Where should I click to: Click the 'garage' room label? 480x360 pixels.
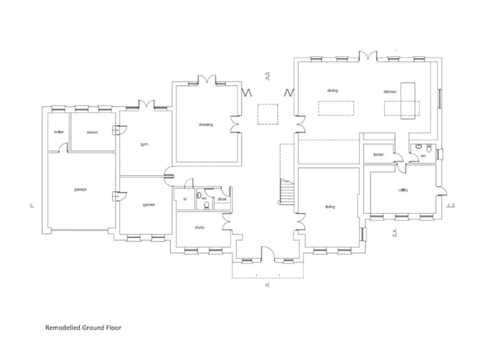pos(80,189)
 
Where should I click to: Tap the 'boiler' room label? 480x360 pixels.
pos(59,132)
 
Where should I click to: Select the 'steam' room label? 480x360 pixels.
pos(92,132)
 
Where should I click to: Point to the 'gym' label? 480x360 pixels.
pos(144,144)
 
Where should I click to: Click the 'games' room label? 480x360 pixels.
pos(149,204)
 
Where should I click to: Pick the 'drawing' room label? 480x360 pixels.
pos(206,124)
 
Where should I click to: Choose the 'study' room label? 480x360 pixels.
pos(199,227)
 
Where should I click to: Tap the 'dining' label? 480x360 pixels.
pos(332,91)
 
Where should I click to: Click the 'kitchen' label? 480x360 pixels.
pos(390,92)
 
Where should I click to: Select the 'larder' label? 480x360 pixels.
pos(378,154)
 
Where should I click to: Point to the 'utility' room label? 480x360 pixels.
pos(403,190)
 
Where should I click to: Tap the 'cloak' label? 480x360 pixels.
pos(222,199)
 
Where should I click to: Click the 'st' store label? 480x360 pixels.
pos(184,199)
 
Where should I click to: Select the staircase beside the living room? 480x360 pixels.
pos(286,192)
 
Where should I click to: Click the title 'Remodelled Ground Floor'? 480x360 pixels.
pos(83,327)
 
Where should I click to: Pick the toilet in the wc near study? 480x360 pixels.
pos(206,204)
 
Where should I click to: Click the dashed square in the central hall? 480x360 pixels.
pos(267,114)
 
